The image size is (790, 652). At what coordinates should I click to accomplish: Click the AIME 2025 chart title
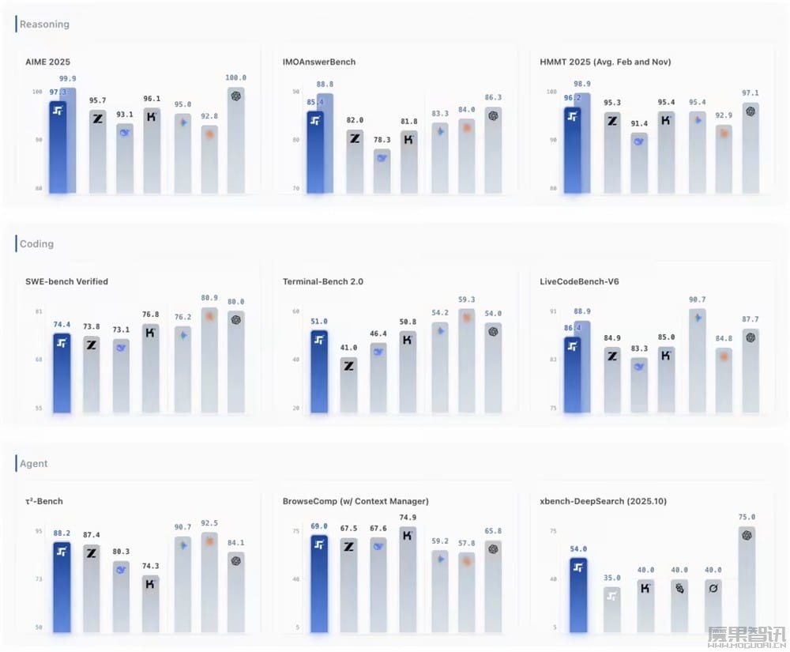tap(48, 62)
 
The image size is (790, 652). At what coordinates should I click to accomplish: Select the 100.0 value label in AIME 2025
tap(236, 78)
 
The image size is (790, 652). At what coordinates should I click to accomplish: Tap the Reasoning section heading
tap(44, 24)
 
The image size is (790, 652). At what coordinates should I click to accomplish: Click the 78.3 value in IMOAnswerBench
tap(382, 140)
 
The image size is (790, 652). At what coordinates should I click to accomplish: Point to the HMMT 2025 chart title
tap(606, 62)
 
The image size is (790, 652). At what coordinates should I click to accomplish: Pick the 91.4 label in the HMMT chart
tap(639, 124)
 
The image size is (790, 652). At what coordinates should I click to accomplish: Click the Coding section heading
tap(36, 244)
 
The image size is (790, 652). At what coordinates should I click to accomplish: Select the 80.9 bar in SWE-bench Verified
tap(209, 360)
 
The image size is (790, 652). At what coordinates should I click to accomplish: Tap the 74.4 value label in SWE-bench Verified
tap(62, 325)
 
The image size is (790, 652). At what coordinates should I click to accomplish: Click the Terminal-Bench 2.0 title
tap(322, 281)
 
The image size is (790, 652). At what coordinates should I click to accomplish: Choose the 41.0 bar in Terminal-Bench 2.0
tap(348, 385)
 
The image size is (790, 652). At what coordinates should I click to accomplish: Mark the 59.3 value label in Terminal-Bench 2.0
tap(466, 300)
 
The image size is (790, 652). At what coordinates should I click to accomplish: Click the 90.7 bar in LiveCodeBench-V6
tap(698, 360)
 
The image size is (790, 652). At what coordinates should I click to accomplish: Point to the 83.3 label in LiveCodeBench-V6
tap(639, 349)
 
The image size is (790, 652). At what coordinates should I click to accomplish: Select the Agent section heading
tap(34, 464)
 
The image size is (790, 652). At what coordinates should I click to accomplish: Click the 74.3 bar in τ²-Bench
tap(151, 604)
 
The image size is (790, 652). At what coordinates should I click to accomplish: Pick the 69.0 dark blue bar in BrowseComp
tap(319, 584)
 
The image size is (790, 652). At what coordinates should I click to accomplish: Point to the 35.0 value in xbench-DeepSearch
tap(612, 578)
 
